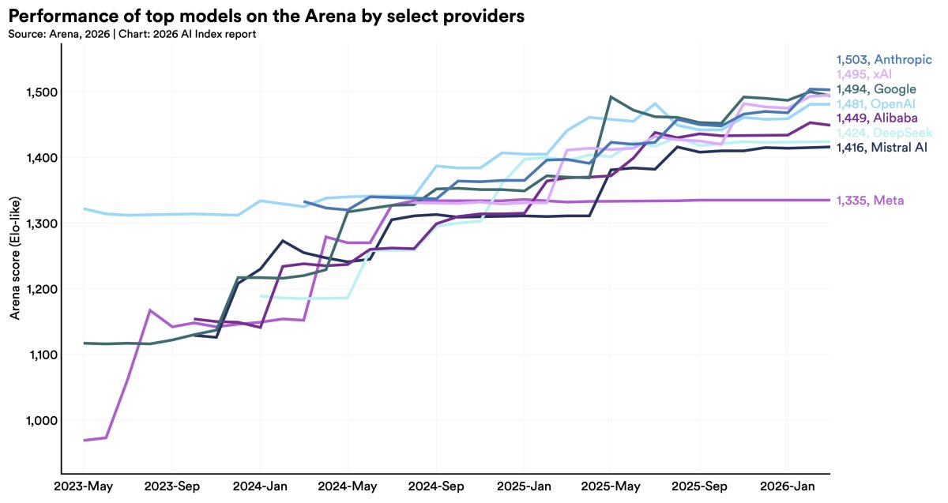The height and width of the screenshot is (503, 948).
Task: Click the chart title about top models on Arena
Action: pyautogui.click(x=266, y=16)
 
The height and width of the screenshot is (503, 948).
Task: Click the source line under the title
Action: pyautogui.click(x=132, y=34)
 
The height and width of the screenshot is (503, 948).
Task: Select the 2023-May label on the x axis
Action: pyautogui.click(x=83, y=486)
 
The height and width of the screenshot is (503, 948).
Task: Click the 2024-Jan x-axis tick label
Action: pyautogui.click(x=260, y=486)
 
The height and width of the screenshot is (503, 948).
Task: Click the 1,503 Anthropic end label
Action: pyautogui.click(x=884, y=59)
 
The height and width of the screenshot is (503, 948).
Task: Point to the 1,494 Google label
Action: pyautogui.click(x=876, y=88)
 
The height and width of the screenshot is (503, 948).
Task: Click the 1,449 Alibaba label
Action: pyautogui.click(x=877, y=118)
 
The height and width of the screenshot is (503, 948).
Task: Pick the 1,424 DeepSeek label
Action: pyautogui.click(x=884, y=133)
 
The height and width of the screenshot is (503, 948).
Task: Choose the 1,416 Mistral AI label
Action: pyautogui.click(x=882, y=147)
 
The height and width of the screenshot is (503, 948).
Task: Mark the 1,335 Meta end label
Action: pyautogui.click(x=870, y=201)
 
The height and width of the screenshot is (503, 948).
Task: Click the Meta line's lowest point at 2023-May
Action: pyautogui.click(x=85, y=440)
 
